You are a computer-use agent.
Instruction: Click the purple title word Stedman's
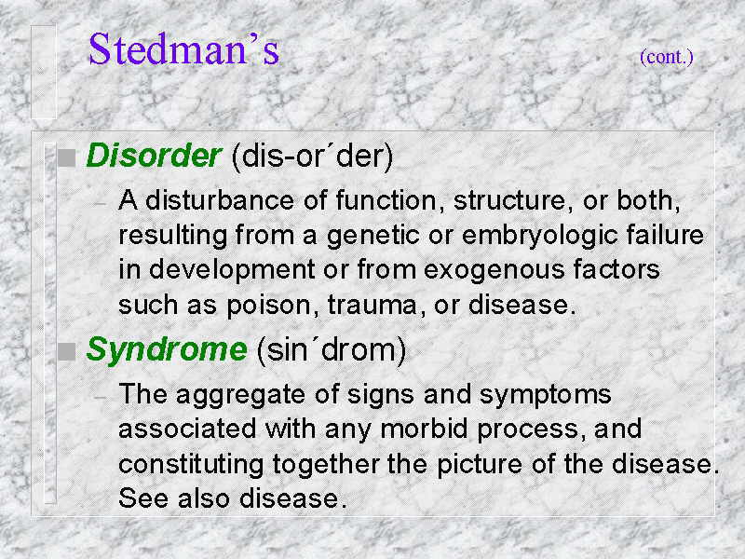click(183, 48)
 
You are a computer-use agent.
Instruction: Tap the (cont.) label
click(667, 57)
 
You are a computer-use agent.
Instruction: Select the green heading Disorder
click(154, 155)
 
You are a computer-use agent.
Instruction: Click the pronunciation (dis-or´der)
click(312, 156)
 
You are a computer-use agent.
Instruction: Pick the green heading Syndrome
click(167, 351)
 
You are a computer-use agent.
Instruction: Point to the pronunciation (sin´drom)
click(332, 350)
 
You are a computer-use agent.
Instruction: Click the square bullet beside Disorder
click(66, 157)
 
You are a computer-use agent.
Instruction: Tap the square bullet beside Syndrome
click(66, 352)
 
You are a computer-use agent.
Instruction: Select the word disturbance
click(220, 199)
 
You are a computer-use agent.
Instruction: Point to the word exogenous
click(494, 270)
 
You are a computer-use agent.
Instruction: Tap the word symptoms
click(546, 395)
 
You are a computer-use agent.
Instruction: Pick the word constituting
click(191, 465)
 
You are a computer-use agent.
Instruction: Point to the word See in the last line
click(143, 498)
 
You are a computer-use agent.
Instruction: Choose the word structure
click(509, 200)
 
